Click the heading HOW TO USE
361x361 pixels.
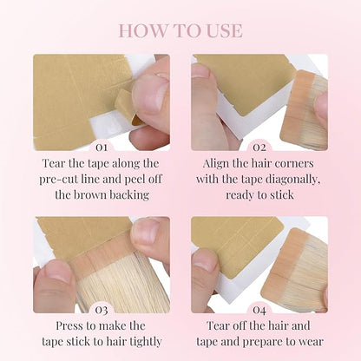pos(180,31)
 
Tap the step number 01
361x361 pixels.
pos(102,148)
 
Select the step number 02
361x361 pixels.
pos(259,148)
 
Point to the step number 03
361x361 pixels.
pos(102,310)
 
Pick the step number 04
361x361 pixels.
pos(259,310)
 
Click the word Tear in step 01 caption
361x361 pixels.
pos(54,163)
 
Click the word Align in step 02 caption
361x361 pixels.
pos(216,164)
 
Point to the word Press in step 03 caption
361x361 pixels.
pos(69,325)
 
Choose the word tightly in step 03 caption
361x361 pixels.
pos(146,342)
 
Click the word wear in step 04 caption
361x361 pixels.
pos(312,342)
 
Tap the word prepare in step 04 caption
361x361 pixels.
pos(262,343)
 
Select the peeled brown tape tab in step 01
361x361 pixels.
pos(127,107)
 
